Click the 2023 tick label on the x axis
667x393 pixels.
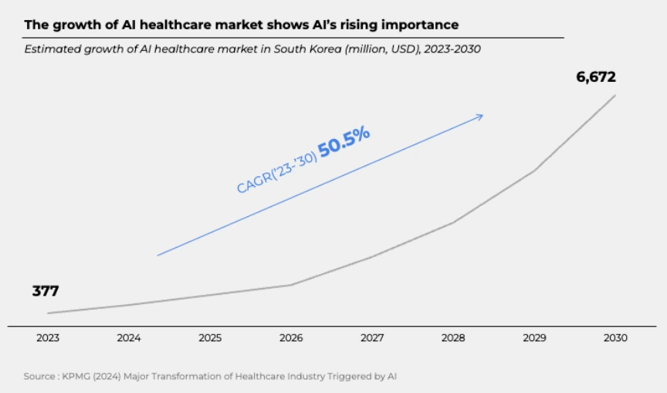pos(47,338)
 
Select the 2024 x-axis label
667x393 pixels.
pos(128,338)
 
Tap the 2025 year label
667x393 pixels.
pos(210,338)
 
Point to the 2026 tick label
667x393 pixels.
pos(291,338)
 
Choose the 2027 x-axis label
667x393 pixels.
pos(372,338)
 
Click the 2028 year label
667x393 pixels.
pos(453,338)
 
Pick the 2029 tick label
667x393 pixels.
pos(534,338)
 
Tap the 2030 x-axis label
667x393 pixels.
pos(616,338)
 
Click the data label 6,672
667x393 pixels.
pos(596,77)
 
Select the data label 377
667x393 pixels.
pos(46,291)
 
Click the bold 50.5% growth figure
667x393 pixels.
pos(344,143)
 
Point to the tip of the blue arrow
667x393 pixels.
pos(482,116)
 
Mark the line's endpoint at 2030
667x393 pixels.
pos(615,95)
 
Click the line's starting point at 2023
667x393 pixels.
pos(48,313)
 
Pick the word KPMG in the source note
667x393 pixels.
pos(78,377)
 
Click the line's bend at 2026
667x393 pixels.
pos(291,285)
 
